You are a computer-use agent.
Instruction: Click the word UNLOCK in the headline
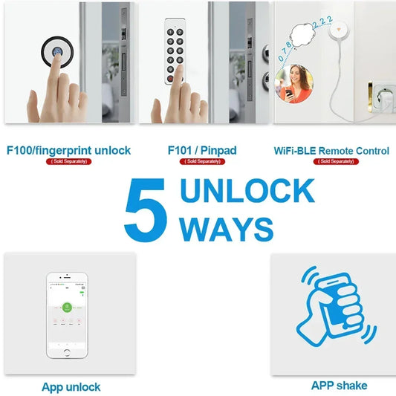click(247, 192)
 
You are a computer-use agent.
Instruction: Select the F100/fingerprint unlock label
click(68, 150)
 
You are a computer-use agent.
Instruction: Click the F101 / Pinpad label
click(203, 150)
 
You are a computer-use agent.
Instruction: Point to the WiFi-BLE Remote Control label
click(331, 151)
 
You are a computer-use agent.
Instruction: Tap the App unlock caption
click(71, 387)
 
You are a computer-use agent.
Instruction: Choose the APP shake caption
click(339, 386)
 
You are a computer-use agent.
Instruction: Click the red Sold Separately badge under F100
click(68, 161)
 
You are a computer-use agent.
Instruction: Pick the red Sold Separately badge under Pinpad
click(202, 161)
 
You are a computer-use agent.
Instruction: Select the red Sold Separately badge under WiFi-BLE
click(331, 161)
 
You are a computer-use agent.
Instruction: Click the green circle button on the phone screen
click(67, 305)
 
